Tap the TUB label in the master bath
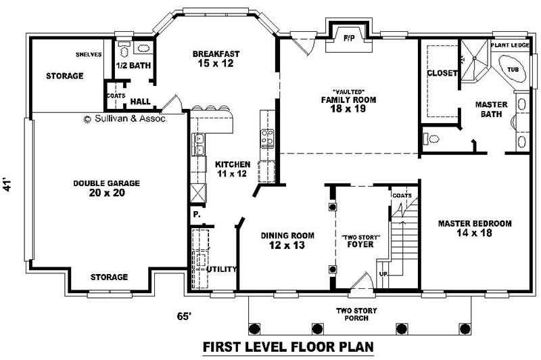[513, 69]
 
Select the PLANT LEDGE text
[511, 45]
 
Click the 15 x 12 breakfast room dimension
[216, 64]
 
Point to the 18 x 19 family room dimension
[348, 109]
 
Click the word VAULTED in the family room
[349, 91]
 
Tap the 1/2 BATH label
[133, 66]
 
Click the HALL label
[140, 101]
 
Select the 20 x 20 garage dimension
[107, 193]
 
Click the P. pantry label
[197, 215]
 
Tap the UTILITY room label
[222, 269]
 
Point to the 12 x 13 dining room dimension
[287, 246]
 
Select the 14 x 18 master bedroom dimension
[474, 233]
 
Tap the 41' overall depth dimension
[9, 185]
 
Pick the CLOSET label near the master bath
[443, 73]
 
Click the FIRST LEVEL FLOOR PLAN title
[288, 347]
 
